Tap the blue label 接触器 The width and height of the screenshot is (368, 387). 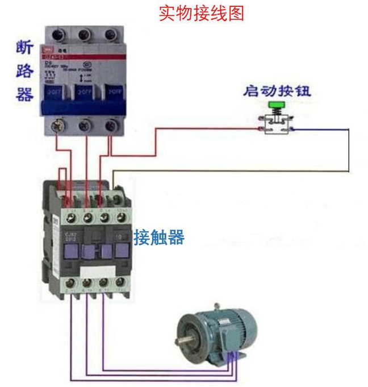point(159,237)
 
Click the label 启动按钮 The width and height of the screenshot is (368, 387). point(277,91)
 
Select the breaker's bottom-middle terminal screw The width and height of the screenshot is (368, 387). point(85,125)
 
